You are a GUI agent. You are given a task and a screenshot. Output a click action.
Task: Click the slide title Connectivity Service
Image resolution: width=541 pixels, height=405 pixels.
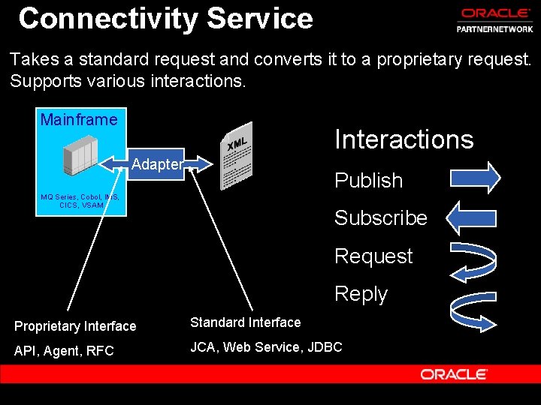point(165,18)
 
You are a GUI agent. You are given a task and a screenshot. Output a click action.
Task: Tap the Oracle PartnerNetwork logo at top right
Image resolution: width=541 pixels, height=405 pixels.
point(497,20)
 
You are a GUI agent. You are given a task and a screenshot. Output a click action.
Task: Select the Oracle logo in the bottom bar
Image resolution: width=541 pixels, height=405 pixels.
point(454,373)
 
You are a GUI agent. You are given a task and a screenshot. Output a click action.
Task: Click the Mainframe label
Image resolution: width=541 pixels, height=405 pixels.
point(79,119)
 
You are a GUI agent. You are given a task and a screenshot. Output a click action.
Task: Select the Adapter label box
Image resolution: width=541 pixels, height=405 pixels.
point(156,164)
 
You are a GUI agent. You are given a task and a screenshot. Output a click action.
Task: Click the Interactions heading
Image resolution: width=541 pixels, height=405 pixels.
point(403,139)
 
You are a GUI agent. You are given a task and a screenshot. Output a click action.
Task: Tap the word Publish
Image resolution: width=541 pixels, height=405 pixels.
point(368,181)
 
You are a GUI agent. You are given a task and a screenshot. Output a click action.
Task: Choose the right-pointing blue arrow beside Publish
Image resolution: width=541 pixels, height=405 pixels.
point(474,178)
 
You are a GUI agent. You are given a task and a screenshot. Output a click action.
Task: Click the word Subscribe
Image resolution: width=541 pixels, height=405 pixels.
point(380,218)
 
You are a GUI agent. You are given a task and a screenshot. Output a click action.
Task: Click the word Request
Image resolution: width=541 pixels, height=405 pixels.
point(373,256)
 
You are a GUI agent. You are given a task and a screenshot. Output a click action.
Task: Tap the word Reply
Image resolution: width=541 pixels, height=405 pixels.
point(361,294)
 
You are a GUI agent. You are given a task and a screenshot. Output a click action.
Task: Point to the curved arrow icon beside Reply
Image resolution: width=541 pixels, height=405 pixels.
point(472,307)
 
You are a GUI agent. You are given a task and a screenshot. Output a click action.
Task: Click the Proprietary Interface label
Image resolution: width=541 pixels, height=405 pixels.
point(75,326)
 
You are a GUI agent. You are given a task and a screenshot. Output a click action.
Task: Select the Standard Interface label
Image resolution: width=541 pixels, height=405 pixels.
point(245,322)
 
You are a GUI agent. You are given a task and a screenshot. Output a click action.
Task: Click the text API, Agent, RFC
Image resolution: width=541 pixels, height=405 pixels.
point(64,350)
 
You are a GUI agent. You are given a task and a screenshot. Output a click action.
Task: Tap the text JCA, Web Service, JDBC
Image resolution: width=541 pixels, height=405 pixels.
point(266,346)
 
